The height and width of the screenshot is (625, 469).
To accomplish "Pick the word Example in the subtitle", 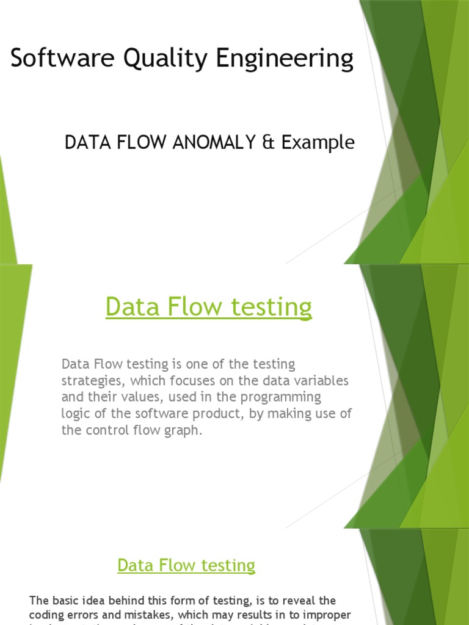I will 318,143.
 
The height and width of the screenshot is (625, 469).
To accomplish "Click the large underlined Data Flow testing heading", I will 208,306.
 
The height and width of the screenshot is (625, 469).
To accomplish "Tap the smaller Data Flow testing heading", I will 186,565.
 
